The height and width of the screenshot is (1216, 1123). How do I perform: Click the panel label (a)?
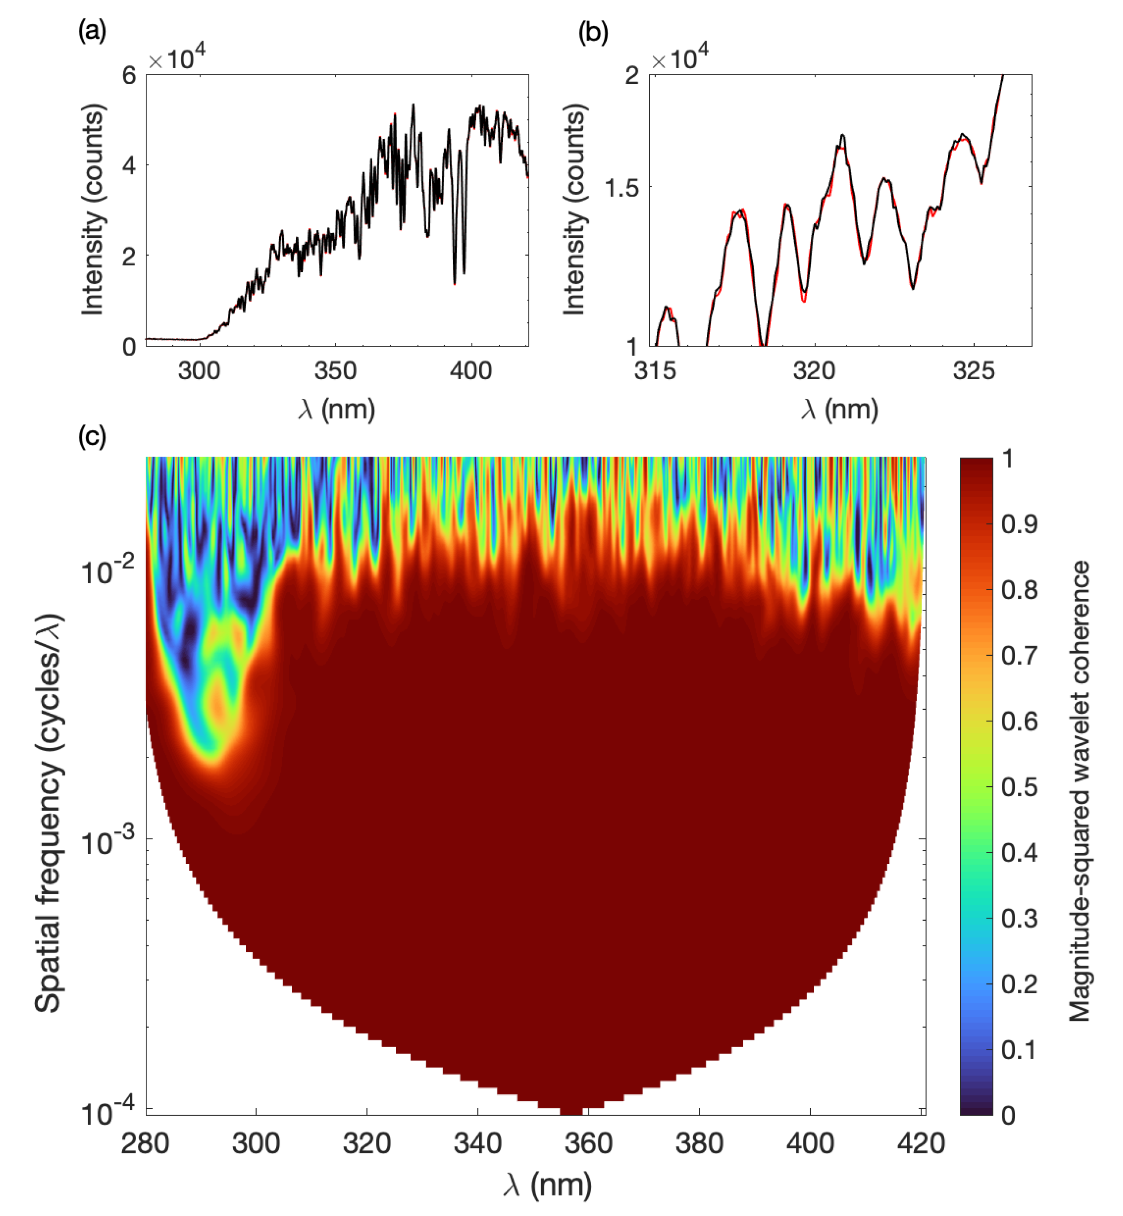[92, 30]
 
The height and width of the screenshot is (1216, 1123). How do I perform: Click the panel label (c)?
[92, 436]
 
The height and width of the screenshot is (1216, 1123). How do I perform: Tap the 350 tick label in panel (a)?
[335, 370]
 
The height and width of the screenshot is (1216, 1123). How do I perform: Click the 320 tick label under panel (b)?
[814, 370]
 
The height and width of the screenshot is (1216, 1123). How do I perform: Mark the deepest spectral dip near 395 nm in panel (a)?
[455, 283]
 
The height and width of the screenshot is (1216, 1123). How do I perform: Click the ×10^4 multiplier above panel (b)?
[679, 59]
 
